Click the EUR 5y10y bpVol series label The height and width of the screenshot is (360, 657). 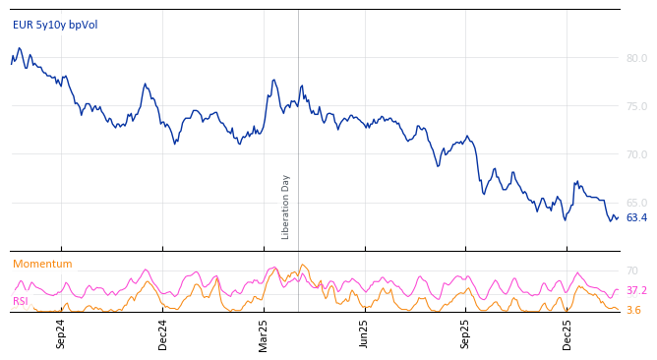tap(55, 26)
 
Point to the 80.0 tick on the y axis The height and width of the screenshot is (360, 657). tap(636, 58)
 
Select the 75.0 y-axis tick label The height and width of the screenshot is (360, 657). tap(636, 106)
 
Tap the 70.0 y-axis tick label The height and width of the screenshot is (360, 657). tap(636, 154)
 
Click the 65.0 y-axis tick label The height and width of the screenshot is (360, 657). tap(636, 203)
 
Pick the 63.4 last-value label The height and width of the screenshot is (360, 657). tap(636, 218)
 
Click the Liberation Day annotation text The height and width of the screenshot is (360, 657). tap(286, 207)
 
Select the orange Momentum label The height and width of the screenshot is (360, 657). tap(42, 265)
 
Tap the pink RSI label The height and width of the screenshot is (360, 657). tap(21, 302)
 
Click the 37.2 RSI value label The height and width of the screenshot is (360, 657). tap(636, 291)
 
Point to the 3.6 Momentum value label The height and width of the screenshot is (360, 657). tap(633, 311)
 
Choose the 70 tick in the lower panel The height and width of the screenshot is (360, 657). tap(632, 270)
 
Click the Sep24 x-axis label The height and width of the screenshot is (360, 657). tap(61, 334)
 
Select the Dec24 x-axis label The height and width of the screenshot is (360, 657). tap(163, 334)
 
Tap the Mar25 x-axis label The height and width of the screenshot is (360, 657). tap(264, 334)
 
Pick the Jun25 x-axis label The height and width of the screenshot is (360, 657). tap(364, 334)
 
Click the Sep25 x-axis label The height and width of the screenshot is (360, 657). tap(465, 334)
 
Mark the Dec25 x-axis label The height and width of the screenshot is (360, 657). tap(567, 334)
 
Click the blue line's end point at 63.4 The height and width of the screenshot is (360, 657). tap(618, 218)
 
